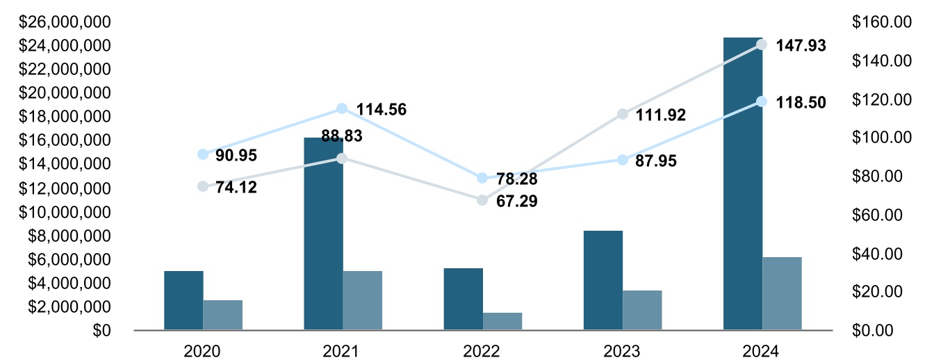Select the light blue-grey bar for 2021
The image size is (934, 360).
point(362,300)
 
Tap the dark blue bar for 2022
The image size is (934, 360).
point(463,299)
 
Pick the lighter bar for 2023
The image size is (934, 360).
point(642,310)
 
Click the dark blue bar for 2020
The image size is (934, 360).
point(183,300)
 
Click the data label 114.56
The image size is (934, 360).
point(382,109)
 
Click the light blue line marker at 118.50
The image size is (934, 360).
point(762,101)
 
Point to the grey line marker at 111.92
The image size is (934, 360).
point(623,114)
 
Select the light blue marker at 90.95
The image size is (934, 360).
point(203,154)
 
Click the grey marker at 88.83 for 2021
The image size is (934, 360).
point(342,158)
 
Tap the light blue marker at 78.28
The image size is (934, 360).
point(482,178)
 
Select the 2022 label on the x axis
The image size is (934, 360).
point(482,351)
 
